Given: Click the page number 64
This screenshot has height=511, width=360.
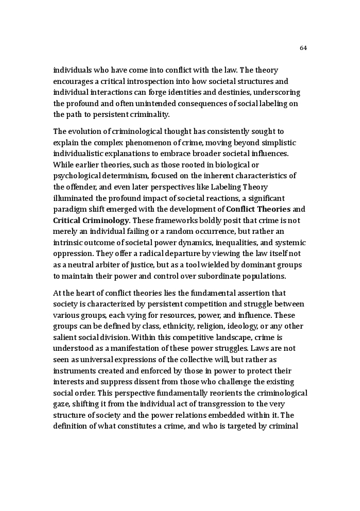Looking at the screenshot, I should point(303,48).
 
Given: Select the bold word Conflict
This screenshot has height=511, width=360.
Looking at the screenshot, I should point(243,210).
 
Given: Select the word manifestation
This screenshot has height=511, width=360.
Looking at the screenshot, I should point(130,349).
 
